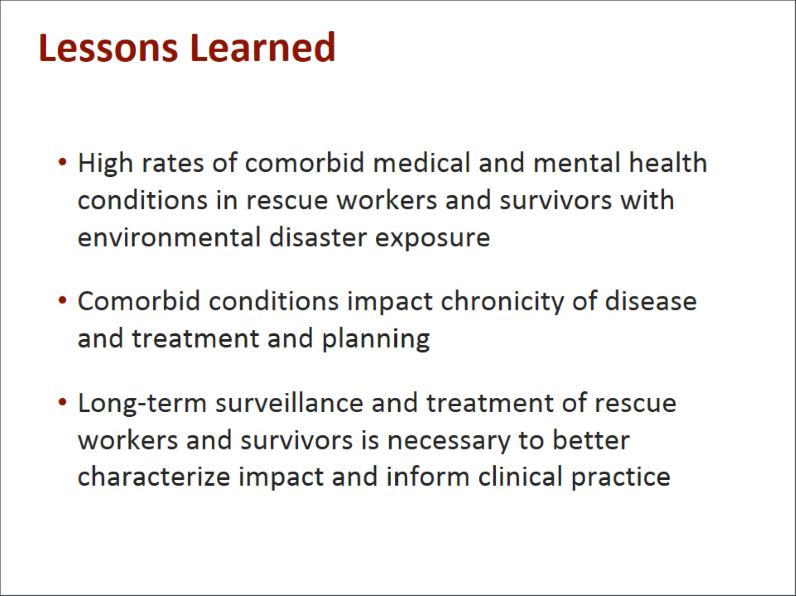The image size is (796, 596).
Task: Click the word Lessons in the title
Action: tap(108, 48)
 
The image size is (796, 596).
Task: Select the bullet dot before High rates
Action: tap(62, 162)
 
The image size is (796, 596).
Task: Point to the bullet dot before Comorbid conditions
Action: tap(62, 300)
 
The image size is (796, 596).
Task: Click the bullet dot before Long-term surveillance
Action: tap(62, 402)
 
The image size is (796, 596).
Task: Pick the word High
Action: tap(105, 164)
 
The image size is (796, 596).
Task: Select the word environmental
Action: tap(169, 237)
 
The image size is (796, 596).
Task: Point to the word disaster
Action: tap(318, 237)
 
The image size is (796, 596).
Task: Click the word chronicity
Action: tap(502, 302)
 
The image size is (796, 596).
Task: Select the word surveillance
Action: tap(289, 402)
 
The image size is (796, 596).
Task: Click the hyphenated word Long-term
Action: tap(142, 403)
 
